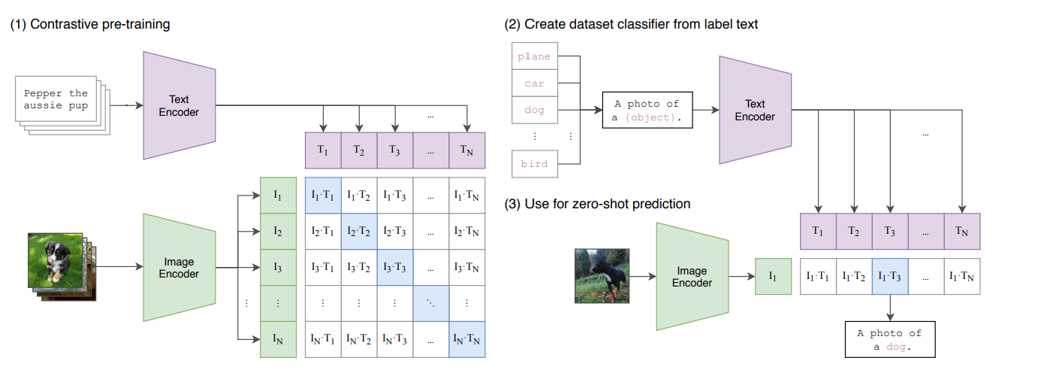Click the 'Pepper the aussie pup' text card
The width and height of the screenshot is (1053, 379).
pyautogui.click(x=56, y=99)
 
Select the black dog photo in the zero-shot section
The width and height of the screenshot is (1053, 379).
pyautogui.click(x=601, y=277)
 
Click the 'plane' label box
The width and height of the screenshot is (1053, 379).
pyautogui.click(x=535, y=56)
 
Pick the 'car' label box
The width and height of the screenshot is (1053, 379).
pyautogui.click(x=535, y=83)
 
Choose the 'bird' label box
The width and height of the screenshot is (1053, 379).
pyautogui.click(x=535, y=164)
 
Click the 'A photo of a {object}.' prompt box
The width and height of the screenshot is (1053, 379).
pyautogui.click(x=647, y=111)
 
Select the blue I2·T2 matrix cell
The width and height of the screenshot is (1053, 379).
pyautogui.click(x=359, y=231)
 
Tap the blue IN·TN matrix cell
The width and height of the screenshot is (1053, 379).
pyautogui.click(x=467, y=339)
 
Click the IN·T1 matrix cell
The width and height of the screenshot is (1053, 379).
pyautogui.click(x=323, y=339)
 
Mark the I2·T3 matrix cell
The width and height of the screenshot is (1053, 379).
pyautogui.click(x=395, y=231)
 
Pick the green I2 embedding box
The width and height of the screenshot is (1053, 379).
pyautogui.click(x=278, y=231)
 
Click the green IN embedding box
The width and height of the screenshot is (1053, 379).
pyautogui.click(x=278, y=339)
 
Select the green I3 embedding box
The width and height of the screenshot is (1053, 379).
pyautogui.click(x=278, y=267)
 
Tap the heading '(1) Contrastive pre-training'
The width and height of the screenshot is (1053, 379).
pyautogui.click(x=90, y=24)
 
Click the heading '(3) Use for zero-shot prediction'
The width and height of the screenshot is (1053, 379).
pyautogui.click(x=598, y=204)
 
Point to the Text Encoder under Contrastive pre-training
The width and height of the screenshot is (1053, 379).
pyautogui.click(x=180, y=105)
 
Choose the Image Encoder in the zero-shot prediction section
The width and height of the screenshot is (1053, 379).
pyautogui.click(x=692, y=277)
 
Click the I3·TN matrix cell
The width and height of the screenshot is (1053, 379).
pyautogui.click(x=467, y=267)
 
